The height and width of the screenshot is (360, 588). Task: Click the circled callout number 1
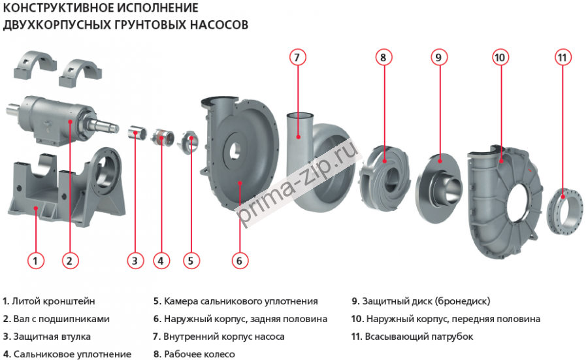[x=36, y=260]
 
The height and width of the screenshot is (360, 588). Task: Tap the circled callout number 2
[x=71, y=260]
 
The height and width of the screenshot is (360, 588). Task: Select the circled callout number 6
[x=239, y=260]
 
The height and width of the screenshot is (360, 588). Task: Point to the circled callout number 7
[x=297, y=57]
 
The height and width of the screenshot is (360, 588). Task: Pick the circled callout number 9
[x=438, y=57]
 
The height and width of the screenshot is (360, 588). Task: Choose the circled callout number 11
[x=563, y=57]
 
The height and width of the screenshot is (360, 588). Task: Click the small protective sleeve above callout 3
[x=135, y=134]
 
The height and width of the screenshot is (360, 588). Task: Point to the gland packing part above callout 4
[x=162, y=139]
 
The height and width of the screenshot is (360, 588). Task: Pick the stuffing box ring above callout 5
[x=189, y=141]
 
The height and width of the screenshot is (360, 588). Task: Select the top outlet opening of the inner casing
[x=300, y=116]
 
